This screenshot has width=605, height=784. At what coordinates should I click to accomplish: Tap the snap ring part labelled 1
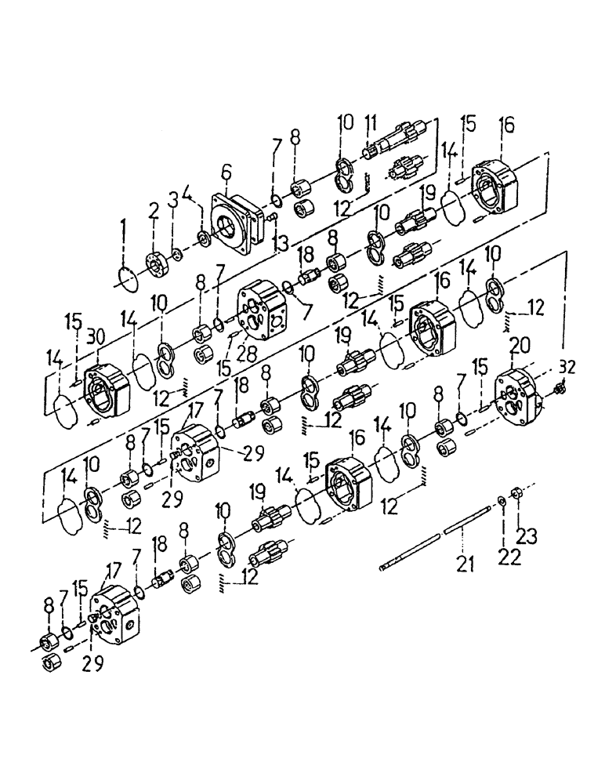coord(126,278)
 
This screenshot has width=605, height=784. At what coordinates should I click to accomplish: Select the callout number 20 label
coord(518,346)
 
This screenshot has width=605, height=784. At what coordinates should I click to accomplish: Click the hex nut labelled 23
coord(516,493)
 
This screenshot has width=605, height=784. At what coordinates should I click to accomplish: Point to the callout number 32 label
coord(568,365)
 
